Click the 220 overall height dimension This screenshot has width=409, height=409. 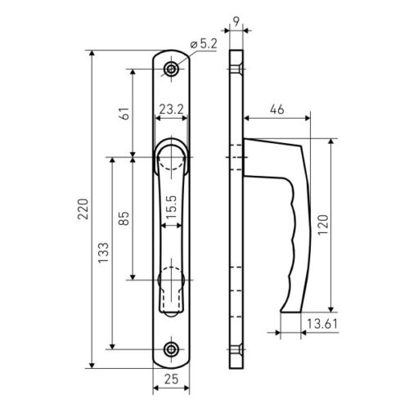pyautogui.click(x=83, y=209)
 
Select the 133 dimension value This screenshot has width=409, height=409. pyautogui.click(x=103, y=253)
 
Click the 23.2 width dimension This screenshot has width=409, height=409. pyautogui.click(x=171, y=110)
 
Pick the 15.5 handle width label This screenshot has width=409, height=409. pyautogui.click(x=171, y=207)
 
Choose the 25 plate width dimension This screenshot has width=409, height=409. pyautogui.click(x=171, y=379)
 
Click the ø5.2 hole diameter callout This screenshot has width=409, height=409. pyautogui.click(x=204, y=44)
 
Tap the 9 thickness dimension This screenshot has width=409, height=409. pyautogui.click(x=236, y=21)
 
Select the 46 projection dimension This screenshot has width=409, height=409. pyautogui.click(x=277, y=110)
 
